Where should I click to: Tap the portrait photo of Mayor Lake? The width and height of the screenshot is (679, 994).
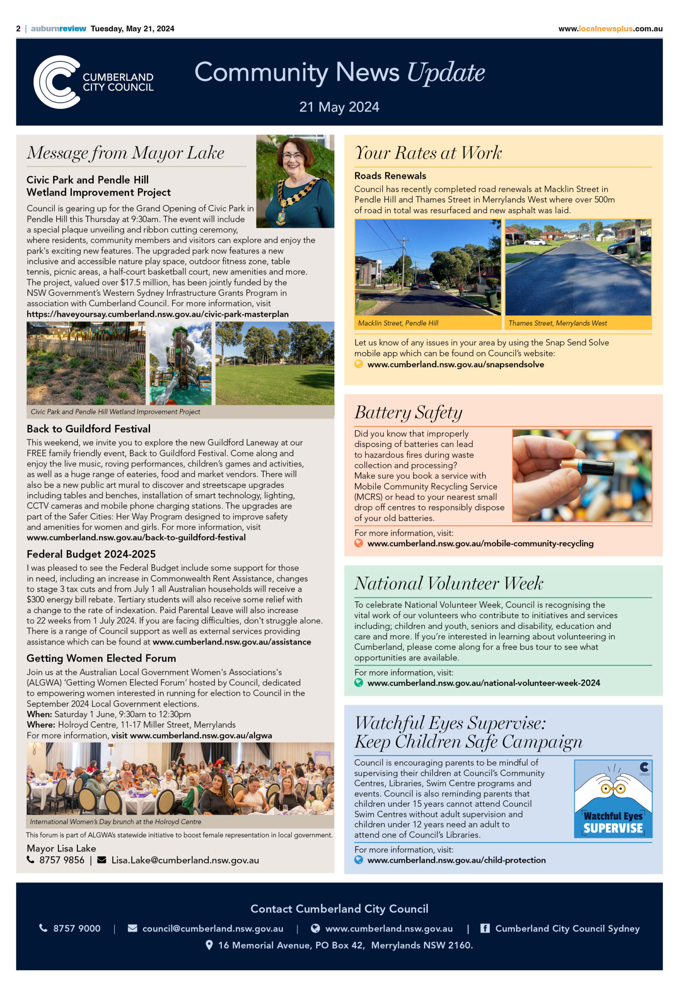(x=295, y=181)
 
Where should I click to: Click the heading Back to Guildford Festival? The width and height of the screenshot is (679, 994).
(x=89, y=429)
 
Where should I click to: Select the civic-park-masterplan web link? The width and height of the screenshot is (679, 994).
(x=157, y=314)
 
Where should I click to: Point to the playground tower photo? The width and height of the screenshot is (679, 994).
(x=180, y=363)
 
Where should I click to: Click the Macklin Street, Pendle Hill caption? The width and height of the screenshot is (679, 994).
(x=398, y=323)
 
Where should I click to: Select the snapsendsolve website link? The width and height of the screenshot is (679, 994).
(x=455, y=365)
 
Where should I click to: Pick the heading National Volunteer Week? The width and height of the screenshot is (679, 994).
(x=448, y=584)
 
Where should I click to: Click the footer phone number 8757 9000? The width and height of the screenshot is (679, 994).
(x=77, y=928)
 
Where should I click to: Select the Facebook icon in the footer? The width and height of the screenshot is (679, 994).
(x=484, y=928)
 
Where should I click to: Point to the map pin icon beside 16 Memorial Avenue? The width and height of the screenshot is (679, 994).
(x=209, y=945)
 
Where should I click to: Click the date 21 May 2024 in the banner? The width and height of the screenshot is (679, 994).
(x=339, y=107)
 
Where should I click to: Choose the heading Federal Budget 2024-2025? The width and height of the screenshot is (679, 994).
(x=91, y=554)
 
